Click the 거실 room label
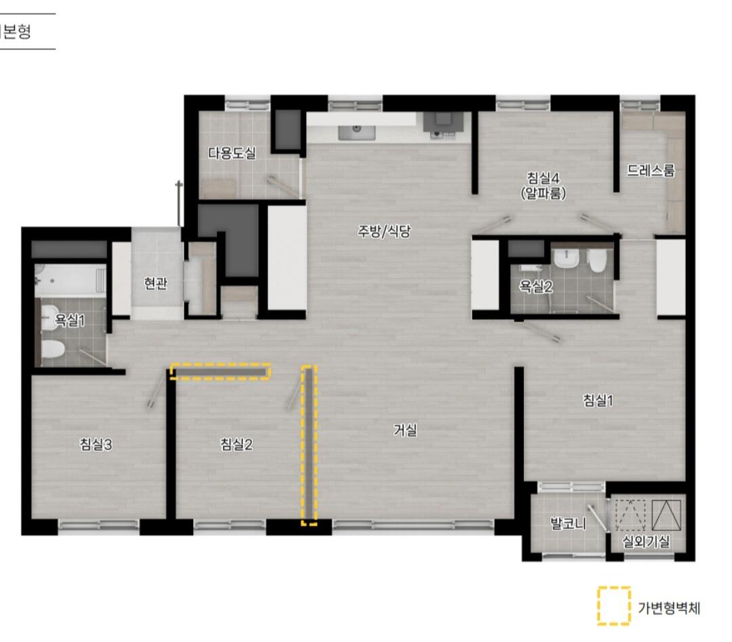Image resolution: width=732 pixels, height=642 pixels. click(405, 430)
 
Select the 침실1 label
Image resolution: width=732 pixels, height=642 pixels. click(598, 400)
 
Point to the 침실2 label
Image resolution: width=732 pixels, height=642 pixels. click(237, 444)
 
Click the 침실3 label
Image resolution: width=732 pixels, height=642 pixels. click(96, 444)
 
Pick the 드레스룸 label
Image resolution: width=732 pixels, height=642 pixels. click(651, 170)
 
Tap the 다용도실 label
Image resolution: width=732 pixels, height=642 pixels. click(232, 152)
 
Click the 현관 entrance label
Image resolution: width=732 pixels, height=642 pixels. click(155, 283)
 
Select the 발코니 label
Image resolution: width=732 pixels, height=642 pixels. click(568, 523)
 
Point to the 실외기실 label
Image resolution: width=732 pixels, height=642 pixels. click(646, 541)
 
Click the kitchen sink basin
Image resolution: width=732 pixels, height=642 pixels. click(357, 132)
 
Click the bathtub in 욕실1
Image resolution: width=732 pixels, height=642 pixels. click(70, 280)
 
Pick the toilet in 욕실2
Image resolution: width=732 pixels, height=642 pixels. click(596, 261)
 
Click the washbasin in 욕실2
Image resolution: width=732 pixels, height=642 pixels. click(566, 259)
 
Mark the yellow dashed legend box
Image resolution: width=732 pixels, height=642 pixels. click(614, 605)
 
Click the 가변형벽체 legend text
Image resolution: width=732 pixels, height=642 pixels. click(669, 608)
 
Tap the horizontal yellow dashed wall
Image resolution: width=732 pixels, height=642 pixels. click(220, 371)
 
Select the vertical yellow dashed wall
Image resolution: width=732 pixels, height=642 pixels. click(309, 446)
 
